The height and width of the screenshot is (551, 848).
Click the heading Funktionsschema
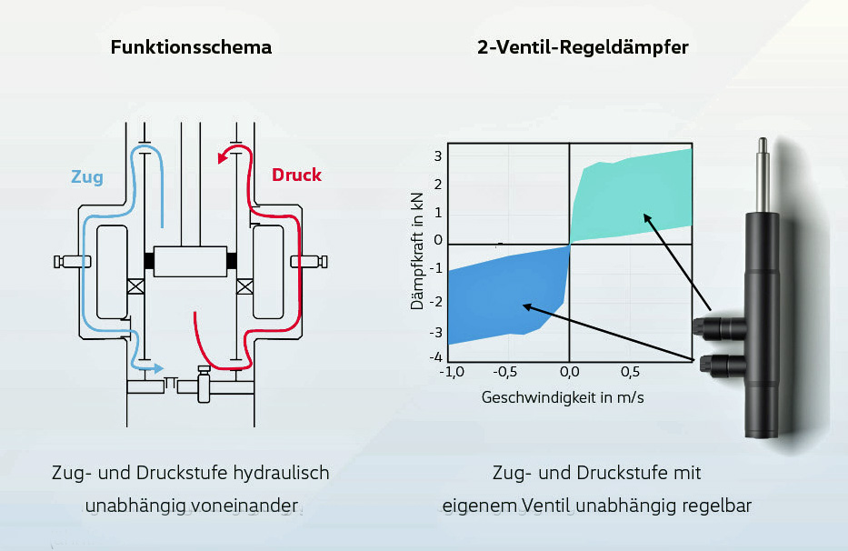(x=191, y=47)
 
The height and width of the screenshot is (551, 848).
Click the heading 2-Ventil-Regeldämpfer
(x=583, y=47)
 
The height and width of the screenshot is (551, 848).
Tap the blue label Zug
(x=87, y=177)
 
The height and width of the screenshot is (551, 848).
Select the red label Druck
(x=296, y=175)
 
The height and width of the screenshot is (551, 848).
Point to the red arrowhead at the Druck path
(x=222, y=158)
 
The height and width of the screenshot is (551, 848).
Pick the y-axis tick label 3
(x=437, y=156)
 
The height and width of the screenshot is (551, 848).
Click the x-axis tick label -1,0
(x=452, y=372)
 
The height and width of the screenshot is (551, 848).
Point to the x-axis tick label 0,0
(x=569, y=372)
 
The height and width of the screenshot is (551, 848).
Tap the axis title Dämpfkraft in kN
(x=418, y=251)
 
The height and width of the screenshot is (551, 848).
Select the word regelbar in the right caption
(x=718, y=506)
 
